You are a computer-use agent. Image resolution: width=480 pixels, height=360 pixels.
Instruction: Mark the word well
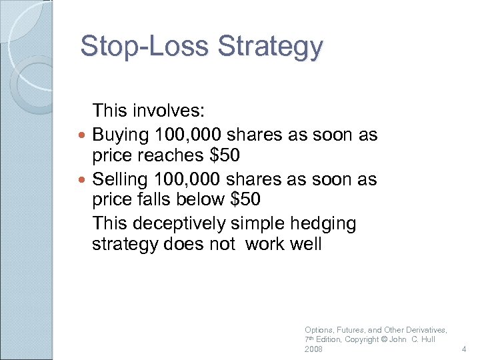point(306,244)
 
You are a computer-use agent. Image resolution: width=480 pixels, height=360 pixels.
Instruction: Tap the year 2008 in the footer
point(313,349)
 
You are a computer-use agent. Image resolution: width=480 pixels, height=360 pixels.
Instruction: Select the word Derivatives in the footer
point(425,330)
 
